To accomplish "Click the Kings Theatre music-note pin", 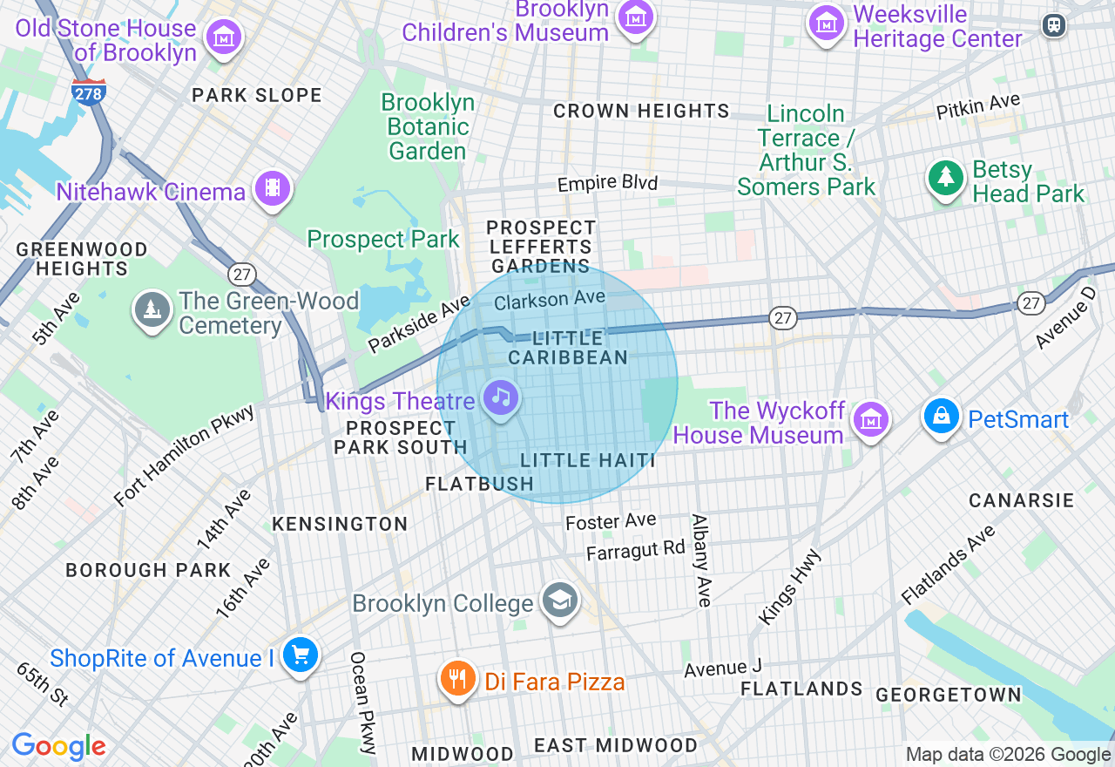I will click(500, 398).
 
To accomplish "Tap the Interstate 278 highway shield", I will click(89, 92).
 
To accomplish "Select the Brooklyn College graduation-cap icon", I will click(559, 601).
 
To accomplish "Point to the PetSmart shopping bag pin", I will click(942, 417).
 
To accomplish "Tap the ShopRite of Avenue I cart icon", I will click(301, 655).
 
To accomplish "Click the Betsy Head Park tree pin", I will click(946, 179).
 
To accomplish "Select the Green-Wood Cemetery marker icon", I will click(152, 309).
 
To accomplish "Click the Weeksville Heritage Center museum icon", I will click(827, 22).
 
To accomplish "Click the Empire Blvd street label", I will click(607, 183).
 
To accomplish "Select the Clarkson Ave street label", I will click(549, 300).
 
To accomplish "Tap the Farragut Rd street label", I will click(636, 551).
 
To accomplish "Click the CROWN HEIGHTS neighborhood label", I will click(641, 111).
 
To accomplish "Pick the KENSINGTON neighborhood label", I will click(340, 524).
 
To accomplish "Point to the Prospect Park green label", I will click(382, 239).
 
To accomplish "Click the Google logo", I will click(58, 747).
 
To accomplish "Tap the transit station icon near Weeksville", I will click(1055, 25).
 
